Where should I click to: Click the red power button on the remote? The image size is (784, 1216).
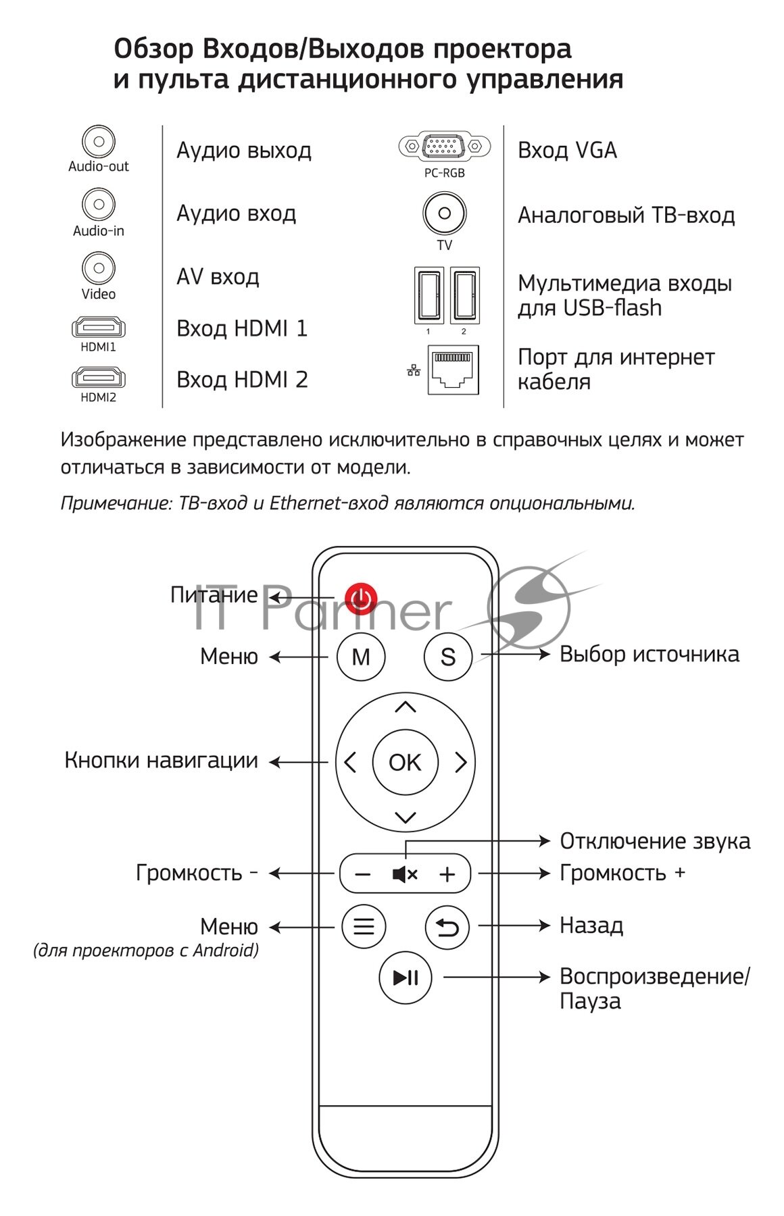pyautogui.click(x=361, y=598)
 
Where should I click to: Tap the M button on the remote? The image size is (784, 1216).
pyautogui.click(x=361, y=657)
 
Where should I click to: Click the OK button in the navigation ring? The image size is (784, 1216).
pyautogui.click(x=405, y=763)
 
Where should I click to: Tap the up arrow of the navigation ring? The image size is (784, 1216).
pyautogui.click(x=405, y=707)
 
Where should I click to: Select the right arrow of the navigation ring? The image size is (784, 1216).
pyautogui.click(x=461, y=763)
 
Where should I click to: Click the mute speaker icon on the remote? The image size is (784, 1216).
pyautogui.click(x=405, y=874)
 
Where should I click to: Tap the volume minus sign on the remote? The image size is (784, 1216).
pyautogui.click(x=363, y=874)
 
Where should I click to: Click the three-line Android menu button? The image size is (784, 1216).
pyautogui.click(x=364, y=926)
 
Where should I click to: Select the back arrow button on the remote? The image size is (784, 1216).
pyautogui.click(x=447, y=927)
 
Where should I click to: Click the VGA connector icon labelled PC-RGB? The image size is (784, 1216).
pyautogui.click(x=444, y=145)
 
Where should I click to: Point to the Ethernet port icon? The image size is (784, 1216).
pyautogui.click(x=453, y=370)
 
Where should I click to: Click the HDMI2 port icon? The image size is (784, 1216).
pyautogui.click(x=99, y=378)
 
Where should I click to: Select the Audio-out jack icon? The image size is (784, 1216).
pyautogui.click(x=99, y=142)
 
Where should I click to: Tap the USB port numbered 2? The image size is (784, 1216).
pyautogui.click(x=465, y=295)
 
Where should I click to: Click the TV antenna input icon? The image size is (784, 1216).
pyautogui.click(x=444, y=213)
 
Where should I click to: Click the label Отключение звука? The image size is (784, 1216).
pyautogui.click(x=654, y=841)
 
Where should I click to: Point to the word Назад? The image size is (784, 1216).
pyautogui.click(x=591, y=926)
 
